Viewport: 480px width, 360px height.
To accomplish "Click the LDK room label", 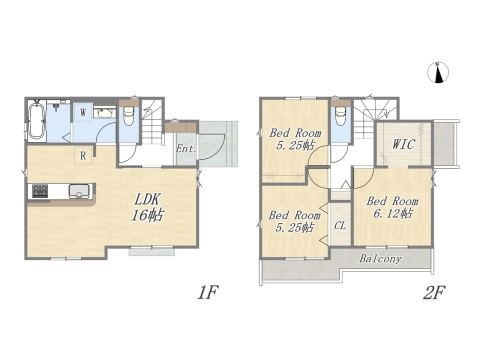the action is point(148,200).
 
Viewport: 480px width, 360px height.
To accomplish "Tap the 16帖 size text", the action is point(147,215).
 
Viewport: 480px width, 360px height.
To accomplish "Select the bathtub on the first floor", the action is point(37,121).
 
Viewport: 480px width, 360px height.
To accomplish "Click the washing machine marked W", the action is point(83,112).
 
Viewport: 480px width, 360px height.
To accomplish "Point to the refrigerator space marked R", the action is point(83,155).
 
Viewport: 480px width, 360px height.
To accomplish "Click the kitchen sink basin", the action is point(80,191).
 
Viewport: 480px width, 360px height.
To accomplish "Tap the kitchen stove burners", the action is point(40,191).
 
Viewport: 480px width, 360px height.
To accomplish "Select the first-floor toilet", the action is point(128,116).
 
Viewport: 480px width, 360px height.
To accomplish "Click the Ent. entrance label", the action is point(186,148).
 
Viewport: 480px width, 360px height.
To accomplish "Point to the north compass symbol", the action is point(438,72).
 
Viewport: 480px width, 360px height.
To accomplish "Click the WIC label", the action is point(403,144).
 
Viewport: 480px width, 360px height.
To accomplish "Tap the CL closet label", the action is point(340,226).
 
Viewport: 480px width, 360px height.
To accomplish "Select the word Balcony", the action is point(380,259).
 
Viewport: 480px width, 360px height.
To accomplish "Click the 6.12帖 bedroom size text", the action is point(393,213).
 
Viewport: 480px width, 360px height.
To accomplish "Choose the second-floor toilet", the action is point(340,116).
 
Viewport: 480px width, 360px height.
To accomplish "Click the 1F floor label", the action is point(207,293).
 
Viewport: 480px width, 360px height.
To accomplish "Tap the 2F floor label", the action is point(434,293).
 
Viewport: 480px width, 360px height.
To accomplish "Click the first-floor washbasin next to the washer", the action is point(104,113).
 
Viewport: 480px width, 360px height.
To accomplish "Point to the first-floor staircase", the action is point(152,122).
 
